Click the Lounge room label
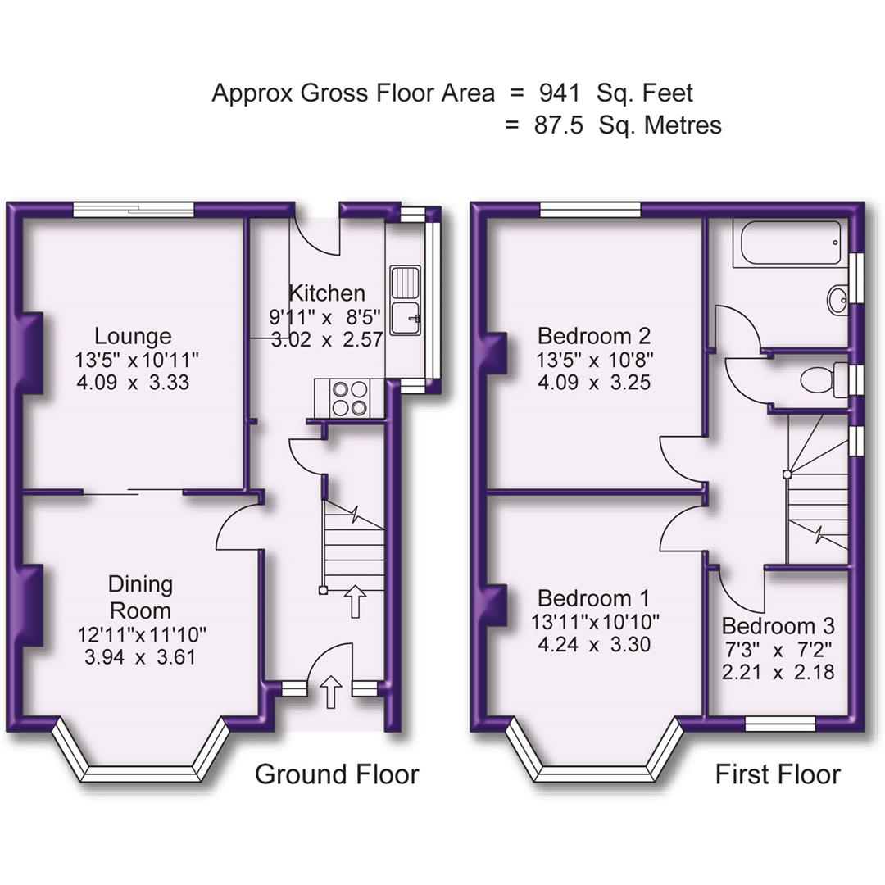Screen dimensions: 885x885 pos(133,336)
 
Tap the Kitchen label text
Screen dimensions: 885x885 pos(326,293)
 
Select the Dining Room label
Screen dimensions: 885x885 pos(141,597)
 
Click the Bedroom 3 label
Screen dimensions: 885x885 pos(778,627)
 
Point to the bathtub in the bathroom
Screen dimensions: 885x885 pos(791,243)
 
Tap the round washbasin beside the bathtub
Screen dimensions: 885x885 pos(838,299)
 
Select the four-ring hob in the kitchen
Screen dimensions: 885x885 pos(348,398)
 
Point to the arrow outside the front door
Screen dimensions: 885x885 pos(331,692)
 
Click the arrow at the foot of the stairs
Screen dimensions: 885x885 pos(355,601)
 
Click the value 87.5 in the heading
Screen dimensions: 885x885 pos(560,125)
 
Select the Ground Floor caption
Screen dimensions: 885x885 pos(337,774)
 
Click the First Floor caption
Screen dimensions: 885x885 pos(778,774)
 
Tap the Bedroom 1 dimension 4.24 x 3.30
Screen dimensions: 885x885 pos(594,644)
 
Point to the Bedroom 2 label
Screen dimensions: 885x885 pos(594,336)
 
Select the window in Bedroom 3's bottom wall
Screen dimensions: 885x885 pos(780,723)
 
